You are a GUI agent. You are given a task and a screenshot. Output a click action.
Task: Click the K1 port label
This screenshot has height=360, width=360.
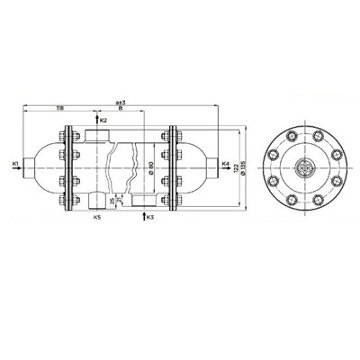click(16, 162)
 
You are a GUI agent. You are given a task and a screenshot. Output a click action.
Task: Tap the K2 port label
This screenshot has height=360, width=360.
click(104, 120)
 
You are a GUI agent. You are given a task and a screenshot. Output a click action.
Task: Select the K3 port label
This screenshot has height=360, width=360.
click(150, 217)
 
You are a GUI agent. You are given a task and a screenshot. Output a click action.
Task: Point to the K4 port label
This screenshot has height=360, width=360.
click(225, 163)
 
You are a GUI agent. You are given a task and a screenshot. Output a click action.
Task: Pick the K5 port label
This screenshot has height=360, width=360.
click(97, 217)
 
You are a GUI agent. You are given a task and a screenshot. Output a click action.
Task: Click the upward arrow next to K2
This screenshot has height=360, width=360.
click(96, 119)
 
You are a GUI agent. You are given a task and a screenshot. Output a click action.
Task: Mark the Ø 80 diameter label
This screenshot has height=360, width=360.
click(150, 167)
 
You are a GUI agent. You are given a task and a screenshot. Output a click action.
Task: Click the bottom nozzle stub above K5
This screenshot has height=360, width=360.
click(96, 201)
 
